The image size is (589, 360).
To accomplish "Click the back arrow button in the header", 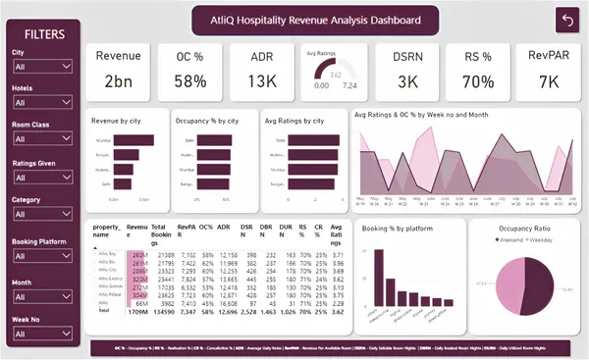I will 566,20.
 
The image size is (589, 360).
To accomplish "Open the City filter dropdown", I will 40,67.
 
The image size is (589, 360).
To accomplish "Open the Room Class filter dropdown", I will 40,139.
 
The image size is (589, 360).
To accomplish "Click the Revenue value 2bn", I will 118,80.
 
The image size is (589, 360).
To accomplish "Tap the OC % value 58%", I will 194,80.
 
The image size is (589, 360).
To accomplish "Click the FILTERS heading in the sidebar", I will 45,33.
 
